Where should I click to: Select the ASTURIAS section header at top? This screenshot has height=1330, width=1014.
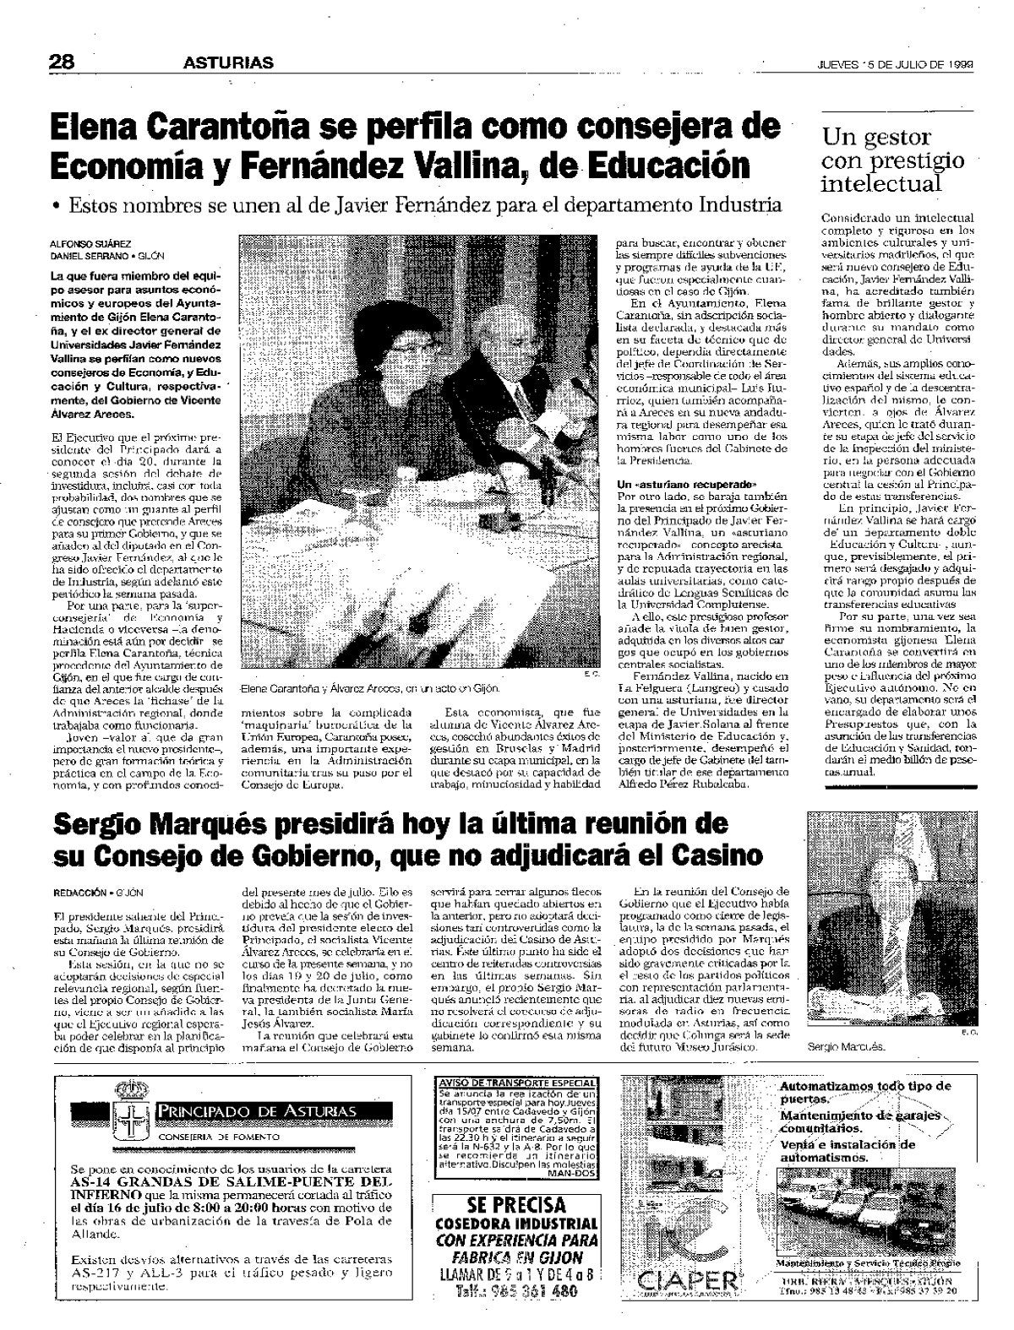[229, 62]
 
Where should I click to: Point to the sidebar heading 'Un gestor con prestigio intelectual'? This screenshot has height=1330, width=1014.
[891, 160]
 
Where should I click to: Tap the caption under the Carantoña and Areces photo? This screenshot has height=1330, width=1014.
[364, 688]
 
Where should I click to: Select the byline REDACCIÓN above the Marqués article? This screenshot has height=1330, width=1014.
[79, 893]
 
